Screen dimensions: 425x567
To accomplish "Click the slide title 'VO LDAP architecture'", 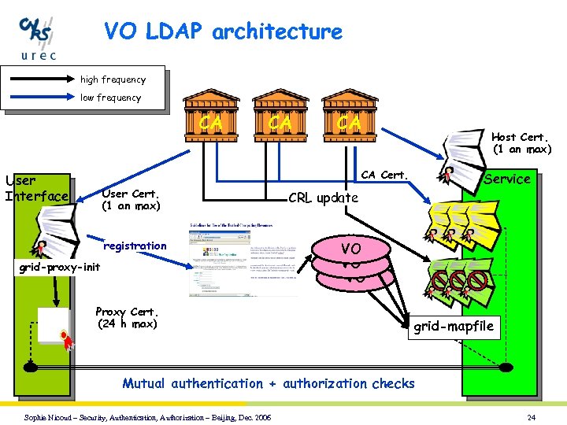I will pyautogui.click(x=223, y=32).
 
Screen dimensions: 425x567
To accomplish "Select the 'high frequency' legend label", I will pyautogui.click(x=113, y=79).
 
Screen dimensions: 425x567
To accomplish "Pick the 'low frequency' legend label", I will pyautogui.click(x=110, y=98).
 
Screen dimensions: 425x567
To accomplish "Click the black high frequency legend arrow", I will pyautogui.click(x=39, y=79).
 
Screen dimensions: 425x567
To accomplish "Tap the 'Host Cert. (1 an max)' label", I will pyautogui.click(x=522, y=142).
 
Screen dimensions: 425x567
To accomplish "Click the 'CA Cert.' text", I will pyautogui.click(x=384, y=175).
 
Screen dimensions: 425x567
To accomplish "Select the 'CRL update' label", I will pyautogui.click(x=323, y=197).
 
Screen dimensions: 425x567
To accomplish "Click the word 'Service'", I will pyautogui.click(x=507, y=179).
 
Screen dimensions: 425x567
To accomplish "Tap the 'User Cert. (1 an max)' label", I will pyautogui.click(x=131, y=199).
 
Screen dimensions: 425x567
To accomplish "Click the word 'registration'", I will pyautogui.click(x=135, y=246).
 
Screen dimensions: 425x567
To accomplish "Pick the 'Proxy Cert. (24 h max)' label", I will pyautogui.click(x=127, y=317).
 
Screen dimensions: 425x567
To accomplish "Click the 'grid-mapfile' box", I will pyautogui.click(x=454, y=327).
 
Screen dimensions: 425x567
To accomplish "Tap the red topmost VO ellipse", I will pyautogui.click(x=351, y=249).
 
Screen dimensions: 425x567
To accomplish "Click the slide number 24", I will pyautogui.click(x=532, y=416).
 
